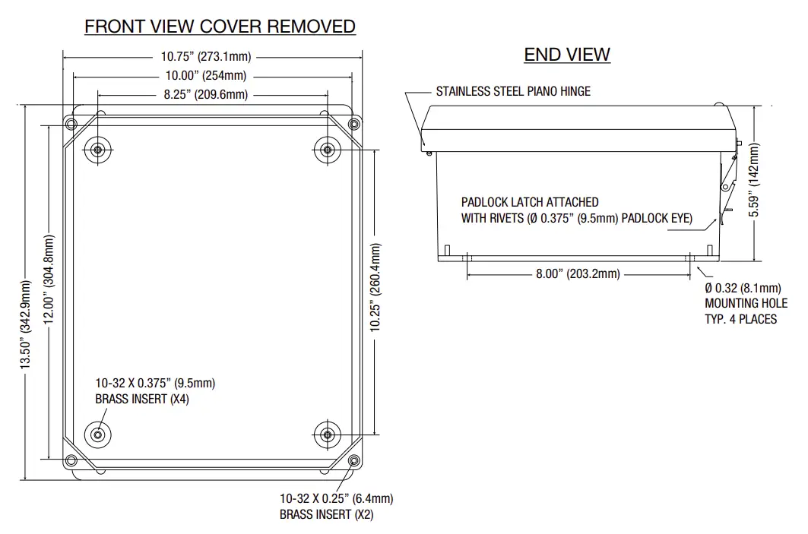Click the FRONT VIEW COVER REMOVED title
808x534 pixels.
pyautogui.click(x=220, y=27)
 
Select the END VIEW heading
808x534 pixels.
pyautogui.click(x=566, y=54)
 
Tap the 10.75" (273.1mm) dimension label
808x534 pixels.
pyautogui.click(x=206, y=56)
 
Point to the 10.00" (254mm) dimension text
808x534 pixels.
pyautogui.click(x=206, y=75)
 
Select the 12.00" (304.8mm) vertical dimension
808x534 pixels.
pyautogui.click(x=49, y=279)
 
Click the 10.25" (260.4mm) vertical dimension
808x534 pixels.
pyautogui.click(x=375, y=287)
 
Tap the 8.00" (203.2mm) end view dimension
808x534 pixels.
pyautogui.click(x=578, y=273)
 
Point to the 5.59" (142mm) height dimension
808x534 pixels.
pyautogui.click(x=754, y=181)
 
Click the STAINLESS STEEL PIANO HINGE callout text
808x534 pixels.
pyautogui.click(x=513, y=91)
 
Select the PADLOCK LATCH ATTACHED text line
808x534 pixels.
pyautogui.click(x=530, y=202)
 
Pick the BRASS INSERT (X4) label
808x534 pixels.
pyautogui.click(x=141, y=400)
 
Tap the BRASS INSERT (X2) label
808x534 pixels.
pyautogui.click(x=327, y=515)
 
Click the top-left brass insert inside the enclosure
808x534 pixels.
pyautogui.click(x=97, y=149)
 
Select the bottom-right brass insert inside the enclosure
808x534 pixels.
pyautogui.click(x=327, y=434)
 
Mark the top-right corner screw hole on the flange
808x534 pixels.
pyautogui.click(x=353, y=123)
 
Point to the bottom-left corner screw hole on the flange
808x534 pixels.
pyautogui.click(x=71, y=460)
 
